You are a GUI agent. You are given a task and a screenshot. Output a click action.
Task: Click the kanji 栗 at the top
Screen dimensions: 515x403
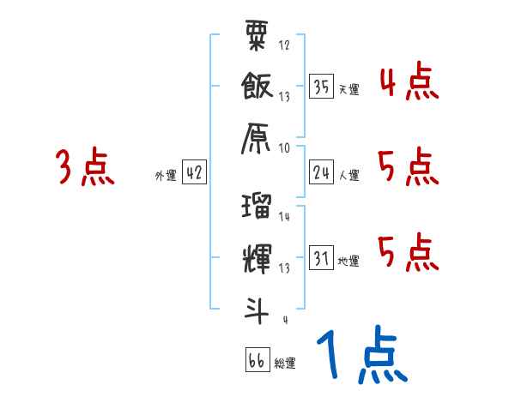point(257,39)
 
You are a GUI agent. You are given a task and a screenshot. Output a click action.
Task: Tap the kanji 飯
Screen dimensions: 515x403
point(257,86)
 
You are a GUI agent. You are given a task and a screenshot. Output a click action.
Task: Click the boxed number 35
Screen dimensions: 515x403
point(322,86)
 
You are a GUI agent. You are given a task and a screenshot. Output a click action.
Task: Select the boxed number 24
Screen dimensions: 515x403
point(322,173)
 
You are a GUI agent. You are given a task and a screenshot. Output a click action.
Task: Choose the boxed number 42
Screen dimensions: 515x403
point(194,173)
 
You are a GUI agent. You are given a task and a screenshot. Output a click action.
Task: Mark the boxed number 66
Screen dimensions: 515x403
point(257,360)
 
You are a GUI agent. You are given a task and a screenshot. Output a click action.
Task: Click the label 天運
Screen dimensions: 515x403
point(348,88)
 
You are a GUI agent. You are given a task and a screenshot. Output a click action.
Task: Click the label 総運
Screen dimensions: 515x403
point(284,363)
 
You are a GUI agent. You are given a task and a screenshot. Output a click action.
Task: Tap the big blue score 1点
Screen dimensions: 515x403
point(360,354)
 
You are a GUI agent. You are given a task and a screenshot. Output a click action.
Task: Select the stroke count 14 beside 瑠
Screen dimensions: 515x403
point(285,217)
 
